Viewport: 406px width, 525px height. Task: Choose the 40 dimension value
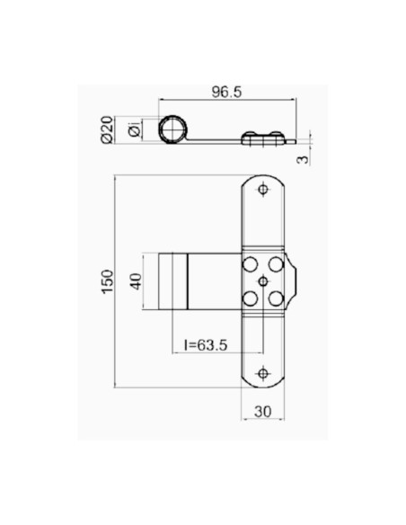137,281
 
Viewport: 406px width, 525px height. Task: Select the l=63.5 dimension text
207,343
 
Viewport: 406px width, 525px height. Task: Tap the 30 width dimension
264,411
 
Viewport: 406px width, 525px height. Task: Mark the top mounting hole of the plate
263,190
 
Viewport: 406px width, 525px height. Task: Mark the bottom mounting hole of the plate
263,372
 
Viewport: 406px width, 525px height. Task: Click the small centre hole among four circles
263,281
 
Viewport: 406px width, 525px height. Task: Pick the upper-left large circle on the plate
252,265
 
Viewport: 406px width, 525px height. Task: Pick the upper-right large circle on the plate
275,265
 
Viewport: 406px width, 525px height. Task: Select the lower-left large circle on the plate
252,298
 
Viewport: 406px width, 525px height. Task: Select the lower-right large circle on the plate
275,298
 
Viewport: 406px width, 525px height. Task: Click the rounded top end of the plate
263,177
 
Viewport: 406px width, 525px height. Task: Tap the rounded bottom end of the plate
263,385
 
